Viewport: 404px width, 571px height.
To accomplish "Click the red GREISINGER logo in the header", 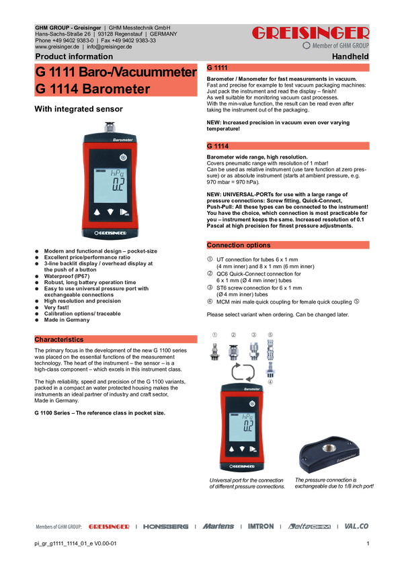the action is (311, 33).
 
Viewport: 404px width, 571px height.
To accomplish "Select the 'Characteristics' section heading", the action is (59, 339).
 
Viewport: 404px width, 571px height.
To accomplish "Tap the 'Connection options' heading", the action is (239, 245).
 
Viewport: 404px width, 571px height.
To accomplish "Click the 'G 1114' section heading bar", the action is (288, 146).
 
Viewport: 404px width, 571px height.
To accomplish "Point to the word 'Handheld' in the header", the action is (350, 56).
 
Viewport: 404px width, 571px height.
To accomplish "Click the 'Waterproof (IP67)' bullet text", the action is (67, 276).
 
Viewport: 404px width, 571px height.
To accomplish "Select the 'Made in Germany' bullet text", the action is (67, 320).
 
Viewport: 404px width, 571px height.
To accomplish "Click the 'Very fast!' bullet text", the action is (56, 308).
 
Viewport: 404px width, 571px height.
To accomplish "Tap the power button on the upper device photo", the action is (123, 157).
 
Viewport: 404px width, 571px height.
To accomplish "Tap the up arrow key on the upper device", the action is (97, 212).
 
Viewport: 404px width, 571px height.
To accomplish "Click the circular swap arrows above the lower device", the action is (243, 371).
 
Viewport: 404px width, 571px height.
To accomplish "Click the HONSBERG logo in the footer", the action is (166, 527).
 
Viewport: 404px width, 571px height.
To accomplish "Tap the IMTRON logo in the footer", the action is (261, 527).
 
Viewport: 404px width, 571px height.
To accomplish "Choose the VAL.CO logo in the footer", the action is (356, 527).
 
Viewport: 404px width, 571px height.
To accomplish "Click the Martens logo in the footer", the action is (218, 527).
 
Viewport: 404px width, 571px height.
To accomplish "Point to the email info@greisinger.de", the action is (110, 47).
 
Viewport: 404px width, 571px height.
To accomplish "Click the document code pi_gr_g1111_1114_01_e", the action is (64, 543).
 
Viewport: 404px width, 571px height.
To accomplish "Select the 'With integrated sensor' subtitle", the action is (79, 109).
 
